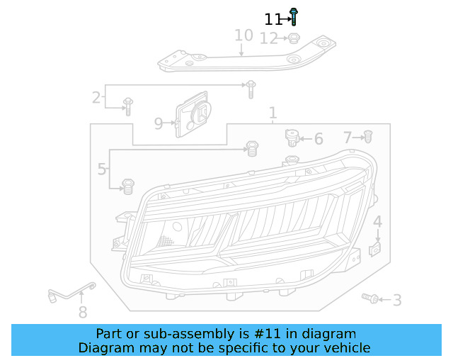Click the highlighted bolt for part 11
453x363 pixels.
pos(294,17)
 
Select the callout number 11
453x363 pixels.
pos(273,19)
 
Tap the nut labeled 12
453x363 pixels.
pos(294,38)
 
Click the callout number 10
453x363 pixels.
pos(243,35)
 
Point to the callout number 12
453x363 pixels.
pos(269,38)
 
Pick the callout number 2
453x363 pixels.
pos(96,98)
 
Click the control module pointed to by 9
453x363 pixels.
pos(193,114)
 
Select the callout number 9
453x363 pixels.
pos(159,123)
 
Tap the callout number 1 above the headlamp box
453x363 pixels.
pos(273,113)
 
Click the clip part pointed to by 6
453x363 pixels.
pos(292,138)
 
